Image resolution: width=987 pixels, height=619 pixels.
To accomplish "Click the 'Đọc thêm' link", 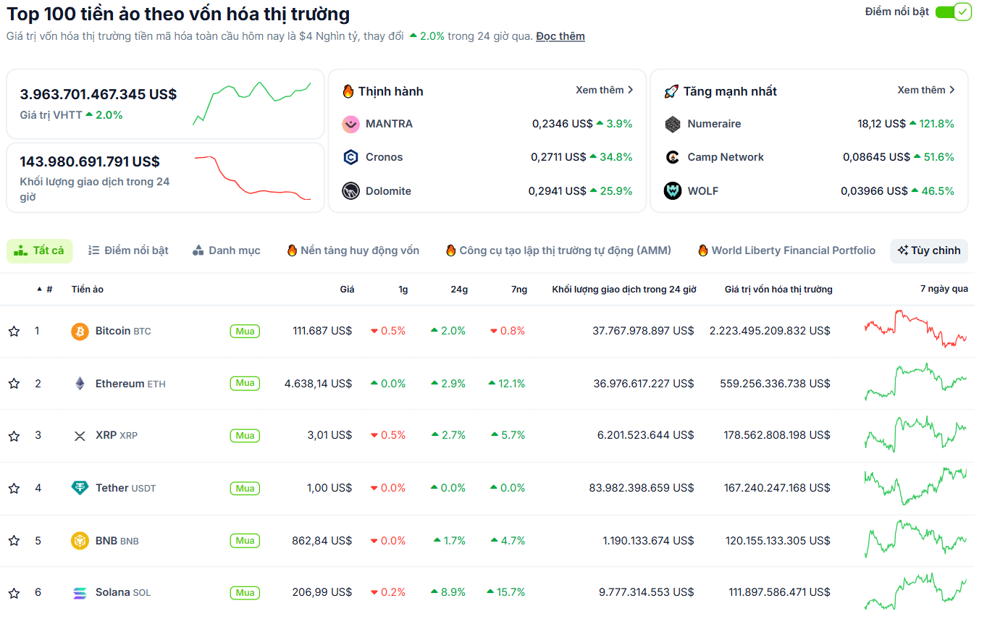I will click(560, 36).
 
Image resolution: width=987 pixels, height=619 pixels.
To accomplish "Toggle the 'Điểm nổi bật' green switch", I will click(952, 12).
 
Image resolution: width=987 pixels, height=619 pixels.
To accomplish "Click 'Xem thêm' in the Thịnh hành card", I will click(604, 90).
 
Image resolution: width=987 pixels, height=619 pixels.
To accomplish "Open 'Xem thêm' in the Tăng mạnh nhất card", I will click(925, 90).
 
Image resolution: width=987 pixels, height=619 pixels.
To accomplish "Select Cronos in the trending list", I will click(384, 157).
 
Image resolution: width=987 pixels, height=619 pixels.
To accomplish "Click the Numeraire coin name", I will click(713, 124).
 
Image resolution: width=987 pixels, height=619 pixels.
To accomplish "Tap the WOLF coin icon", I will click(673, 191).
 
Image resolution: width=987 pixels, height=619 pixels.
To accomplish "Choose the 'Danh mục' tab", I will click(226, 250).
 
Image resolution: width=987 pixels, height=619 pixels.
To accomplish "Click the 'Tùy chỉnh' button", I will click(928, 250).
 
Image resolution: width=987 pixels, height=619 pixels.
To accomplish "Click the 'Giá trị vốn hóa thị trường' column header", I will click(778, 290).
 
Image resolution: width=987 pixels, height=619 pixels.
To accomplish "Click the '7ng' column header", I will click(518, 290).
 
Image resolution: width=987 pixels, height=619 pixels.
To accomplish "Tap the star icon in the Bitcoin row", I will click(14, 332).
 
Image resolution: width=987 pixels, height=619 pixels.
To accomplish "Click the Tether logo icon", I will click(80, 488).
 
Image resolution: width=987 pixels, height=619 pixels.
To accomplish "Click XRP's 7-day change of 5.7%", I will click(512, 436).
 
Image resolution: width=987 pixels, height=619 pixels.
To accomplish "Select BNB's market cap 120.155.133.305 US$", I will click(777, 541).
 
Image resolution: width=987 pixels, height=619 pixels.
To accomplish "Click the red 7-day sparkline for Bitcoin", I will click(915, 329).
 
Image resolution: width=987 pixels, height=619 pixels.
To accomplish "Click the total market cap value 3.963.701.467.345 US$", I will click(98, 94).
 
